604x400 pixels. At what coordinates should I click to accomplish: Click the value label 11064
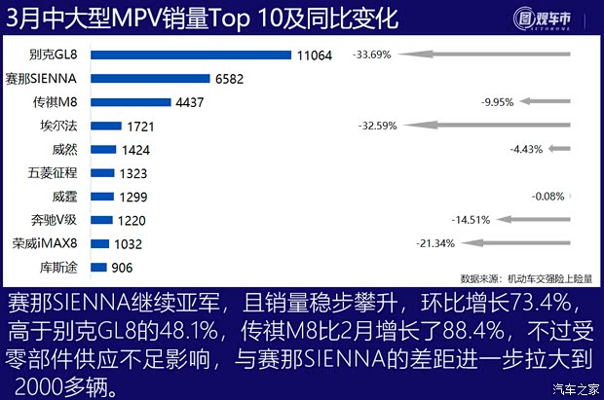[315, 56]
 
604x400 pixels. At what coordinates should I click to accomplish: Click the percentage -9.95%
[498, 101]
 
